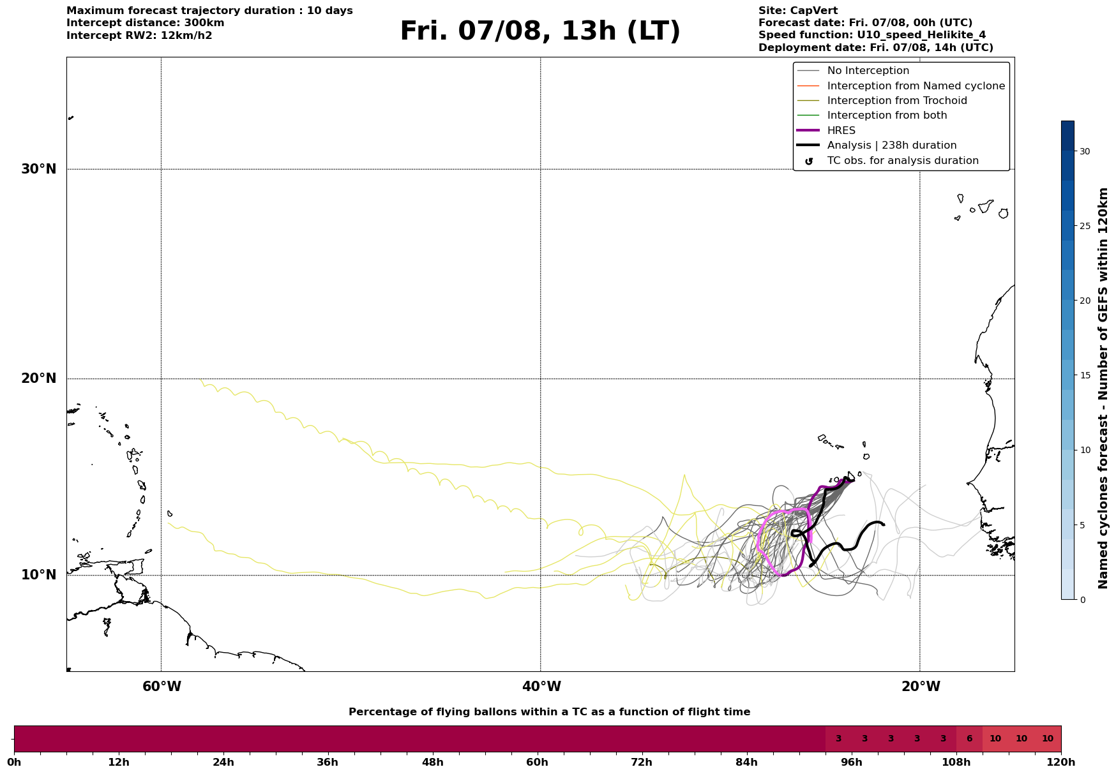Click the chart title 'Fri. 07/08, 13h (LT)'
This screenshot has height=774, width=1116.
pyautogui.click(x=540, y=32)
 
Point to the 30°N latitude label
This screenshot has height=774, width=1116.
pyautogui.click(x=39, y=169)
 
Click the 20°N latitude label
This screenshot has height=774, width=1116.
pyautogui.click(x=39, y=378)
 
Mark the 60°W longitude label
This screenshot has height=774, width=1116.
pyautogui.click(x=162, y=687)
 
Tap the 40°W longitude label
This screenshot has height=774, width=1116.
pyautogui.click(x=541, y=687)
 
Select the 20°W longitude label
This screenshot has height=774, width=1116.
pyautogui.click(x=921, y=687)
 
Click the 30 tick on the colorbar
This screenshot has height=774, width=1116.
pyautogui.click(x=1085, y=151)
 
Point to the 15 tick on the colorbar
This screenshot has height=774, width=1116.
pyautogui.click(x=1085, y=375)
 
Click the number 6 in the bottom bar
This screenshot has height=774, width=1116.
pyautogui.click(x=969, y=739)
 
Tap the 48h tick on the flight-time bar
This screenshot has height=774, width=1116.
pyautogui.click(x=432, y=762)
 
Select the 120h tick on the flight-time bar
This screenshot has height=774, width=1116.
pyautogui.click(x=1061, y=762)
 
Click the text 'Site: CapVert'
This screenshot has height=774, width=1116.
pyautogui.click(x=798, y=11)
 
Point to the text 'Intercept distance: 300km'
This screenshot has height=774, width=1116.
pyautogui.click(x=146, y=23)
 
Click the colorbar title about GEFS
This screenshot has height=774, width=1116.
pyautogui.click(x=1103, y=388)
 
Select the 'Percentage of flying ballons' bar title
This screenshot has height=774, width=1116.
pyautogui.click(x=549, y=712)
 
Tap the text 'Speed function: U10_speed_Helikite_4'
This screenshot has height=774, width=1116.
pyautogui.click(x=872, y=35)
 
